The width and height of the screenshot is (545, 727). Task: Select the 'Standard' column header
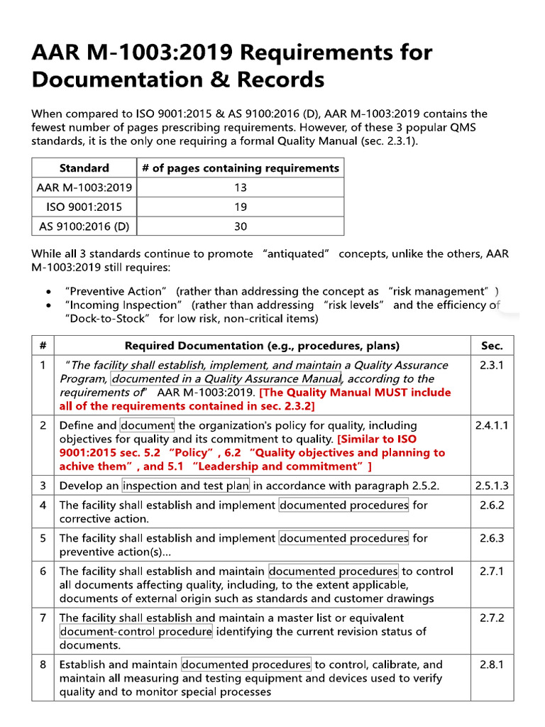click(x=84, y=168)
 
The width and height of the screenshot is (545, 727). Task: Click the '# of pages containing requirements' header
click(x=240, y=168)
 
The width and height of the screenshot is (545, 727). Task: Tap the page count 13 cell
click(x=240, y=187)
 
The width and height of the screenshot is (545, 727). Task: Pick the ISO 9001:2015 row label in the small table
click(x=84, y=207)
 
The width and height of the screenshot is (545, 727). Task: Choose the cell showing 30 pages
click(x=240, y=226)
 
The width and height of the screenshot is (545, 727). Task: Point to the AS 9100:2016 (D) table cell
click(x=84, y=226)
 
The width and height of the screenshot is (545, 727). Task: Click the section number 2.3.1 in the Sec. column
click(x=491, y=365)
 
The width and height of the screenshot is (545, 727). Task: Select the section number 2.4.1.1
click(x=491, y=425)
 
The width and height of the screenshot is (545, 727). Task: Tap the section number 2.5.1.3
click(x=491, y=486)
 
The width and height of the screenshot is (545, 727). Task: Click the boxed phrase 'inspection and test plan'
click(x=186, y=486)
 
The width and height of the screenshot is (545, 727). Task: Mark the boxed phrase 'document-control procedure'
click(x=136, y=632)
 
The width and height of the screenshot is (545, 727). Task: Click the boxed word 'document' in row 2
click(x=148, y=425)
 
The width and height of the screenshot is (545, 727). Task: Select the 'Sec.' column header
click(x=491, y=346)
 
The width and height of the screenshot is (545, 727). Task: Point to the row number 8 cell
click(x=43, y=665)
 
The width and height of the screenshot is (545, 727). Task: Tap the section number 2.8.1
click(x=491, y=665)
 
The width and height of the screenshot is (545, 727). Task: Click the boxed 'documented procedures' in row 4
click(x=344, y=505)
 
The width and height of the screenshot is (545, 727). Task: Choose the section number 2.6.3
click(x=491, y=538)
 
